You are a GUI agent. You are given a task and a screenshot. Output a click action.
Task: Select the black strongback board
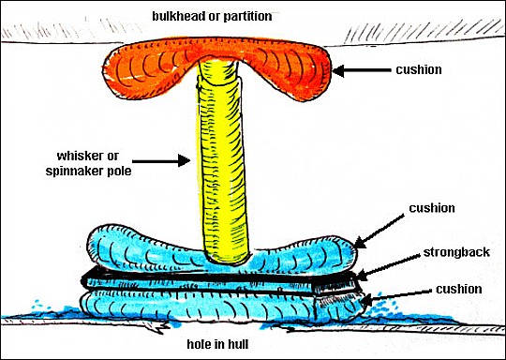[x=219, y=279]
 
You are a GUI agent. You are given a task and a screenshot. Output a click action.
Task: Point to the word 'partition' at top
[x=247, y=16]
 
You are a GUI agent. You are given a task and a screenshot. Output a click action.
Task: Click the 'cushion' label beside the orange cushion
[x=419, y=69]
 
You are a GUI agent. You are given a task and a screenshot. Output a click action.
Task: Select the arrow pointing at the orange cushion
[x=362, y=70]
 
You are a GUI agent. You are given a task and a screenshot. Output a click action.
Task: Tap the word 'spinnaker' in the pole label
[x=70, y=171]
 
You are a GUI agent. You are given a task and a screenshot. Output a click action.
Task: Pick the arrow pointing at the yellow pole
[x=161, y=160]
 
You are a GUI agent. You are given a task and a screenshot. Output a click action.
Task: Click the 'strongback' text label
[x=456, y=252]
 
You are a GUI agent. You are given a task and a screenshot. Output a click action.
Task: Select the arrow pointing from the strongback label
[x=389, y=266]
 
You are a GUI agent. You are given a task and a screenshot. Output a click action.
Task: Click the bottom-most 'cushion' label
[x=459, y=290]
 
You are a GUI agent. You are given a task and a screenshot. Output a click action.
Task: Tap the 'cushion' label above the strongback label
[x=432, y=208]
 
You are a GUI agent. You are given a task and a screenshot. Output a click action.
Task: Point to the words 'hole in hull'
[x=217, y=344]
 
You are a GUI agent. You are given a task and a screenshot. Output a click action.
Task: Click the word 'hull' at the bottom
[x=237, y=344]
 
